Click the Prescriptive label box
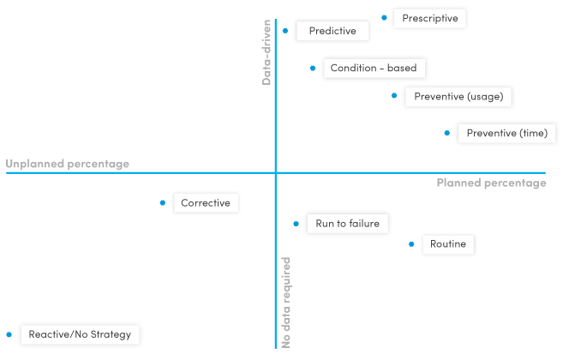[429, 18]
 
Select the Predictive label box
[332, 31]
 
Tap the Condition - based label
[374, 69]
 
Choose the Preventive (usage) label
[458, 96]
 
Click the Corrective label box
[206, 203]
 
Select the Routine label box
[448, 244]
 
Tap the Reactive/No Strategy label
[80, 334]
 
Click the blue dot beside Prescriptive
[383, 17]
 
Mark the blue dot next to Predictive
[286, 30]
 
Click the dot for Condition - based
[313, 68]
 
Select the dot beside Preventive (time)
[446, 133]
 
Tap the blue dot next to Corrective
[162, 203]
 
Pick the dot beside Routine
[411, 244]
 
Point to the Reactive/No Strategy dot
[9, 334]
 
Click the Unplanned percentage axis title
[68, 164]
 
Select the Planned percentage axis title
[491, 183]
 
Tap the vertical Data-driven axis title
[267, 51]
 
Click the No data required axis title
[286, 302]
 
